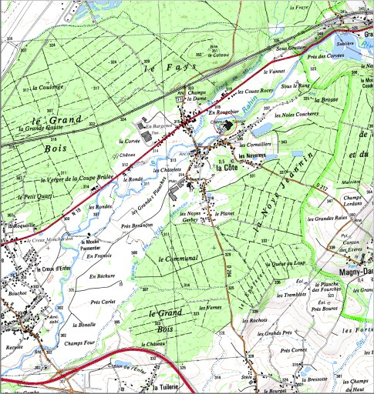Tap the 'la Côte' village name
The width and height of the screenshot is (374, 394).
227,167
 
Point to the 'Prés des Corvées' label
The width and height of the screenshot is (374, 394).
324,56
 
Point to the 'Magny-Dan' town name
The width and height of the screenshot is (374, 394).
355,272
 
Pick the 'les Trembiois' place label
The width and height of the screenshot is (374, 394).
291,295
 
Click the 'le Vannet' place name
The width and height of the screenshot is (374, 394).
273,70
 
